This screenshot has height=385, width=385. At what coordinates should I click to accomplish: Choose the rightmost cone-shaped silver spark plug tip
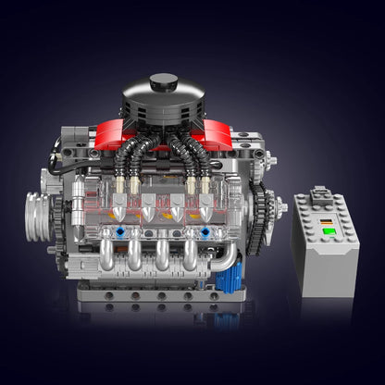click(200, 212)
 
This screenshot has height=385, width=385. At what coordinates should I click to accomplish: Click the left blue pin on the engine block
click(113, 228)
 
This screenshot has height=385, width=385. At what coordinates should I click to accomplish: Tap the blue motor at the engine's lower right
click(229, 278)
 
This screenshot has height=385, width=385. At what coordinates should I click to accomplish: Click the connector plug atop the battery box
click(318, 195)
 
